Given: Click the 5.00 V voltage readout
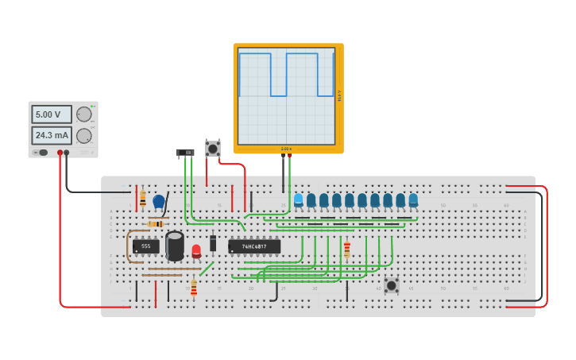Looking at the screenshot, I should pos(52,114).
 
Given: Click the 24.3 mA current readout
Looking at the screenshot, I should pos(52,135).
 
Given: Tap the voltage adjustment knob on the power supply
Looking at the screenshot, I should pos(83,114).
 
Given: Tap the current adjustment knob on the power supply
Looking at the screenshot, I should pos(83,135).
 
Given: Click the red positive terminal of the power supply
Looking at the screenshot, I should pos(60,153).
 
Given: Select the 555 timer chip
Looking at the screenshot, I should pos(146,246).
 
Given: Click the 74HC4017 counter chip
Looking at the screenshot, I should pos(254,246).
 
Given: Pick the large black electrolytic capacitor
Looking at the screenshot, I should pos(175,245).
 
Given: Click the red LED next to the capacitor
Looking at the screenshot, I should pos(196,251).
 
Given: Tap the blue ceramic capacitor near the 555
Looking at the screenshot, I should pos(159,202).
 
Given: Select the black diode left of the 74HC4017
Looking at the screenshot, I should pos(213,243).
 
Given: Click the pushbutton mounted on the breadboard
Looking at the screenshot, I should pos(391,285).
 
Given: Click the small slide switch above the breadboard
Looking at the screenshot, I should pos(184,152).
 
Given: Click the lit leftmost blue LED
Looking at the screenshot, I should pos(299,199).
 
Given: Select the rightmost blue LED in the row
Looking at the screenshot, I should pos(413,199).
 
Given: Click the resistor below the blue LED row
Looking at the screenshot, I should pos(347,250).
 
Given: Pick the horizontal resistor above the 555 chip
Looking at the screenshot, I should pos(156,224).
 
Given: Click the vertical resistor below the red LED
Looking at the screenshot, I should pos(194,288).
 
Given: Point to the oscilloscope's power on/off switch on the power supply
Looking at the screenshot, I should pos(43,153).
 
